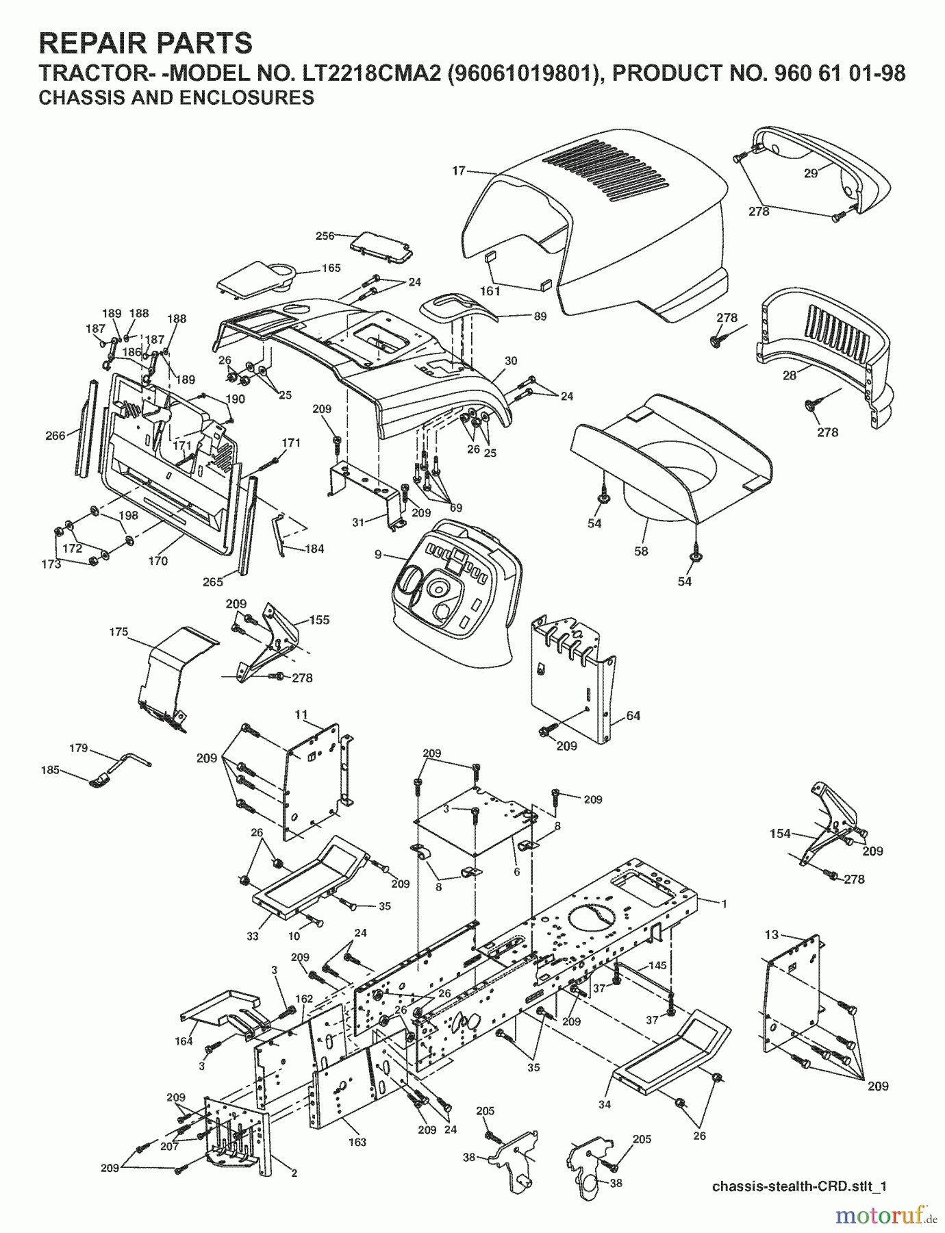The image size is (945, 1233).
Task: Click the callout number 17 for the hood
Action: tap(459, 171)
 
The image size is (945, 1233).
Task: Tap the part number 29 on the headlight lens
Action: tap(811, 173)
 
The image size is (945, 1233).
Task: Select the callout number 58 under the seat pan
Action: tap(641, 551)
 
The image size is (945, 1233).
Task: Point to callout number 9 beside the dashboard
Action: tap(378, 555)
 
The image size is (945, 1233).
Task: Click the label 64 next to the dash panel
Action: tap(633, 716)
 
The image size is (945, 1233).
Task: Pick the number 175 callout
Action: tap(118, 632)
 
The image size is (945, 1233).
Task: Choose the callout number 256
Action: tap(325, 236)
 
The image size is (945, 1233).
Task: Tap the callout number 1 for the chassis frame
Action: tap(724, 904)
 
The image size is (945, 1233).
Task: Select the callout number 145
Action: tap(657, 965)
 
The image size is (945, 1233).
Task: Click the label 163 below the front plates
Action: tap(357, 1142)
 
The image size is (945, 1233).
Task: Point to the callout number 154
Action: tap(780, 834)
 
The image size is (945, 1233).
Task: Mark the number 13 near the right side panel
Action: tap(772, 934)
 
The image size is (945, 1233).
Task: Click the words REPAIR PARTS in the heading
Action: tap(146, 43)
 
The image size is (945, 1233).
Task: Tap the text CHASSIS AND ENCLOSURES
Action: tap(177, 98)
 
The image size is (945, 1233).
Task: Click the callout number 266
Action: tap(55, 435)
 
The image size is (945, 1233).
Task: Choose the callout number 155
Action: tap(319, 620)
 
